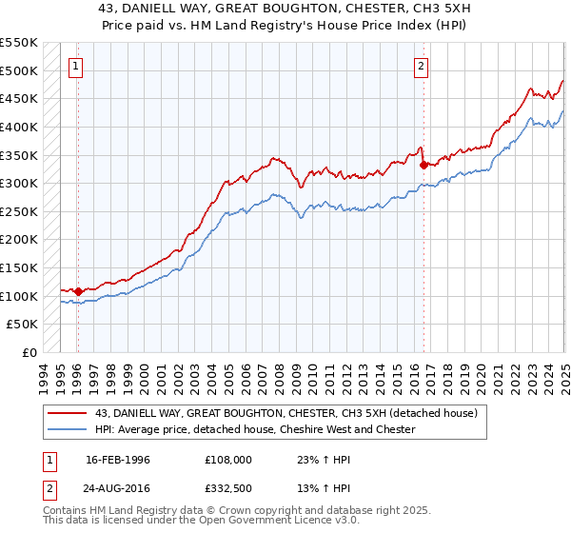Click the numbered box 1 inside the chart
click(x=75, y=67)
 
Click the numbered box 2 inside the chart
click(x=421, y=67)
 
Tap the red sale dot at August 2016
click(x=424, y=164)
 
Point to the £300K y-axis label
click(x=20, y=183)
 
